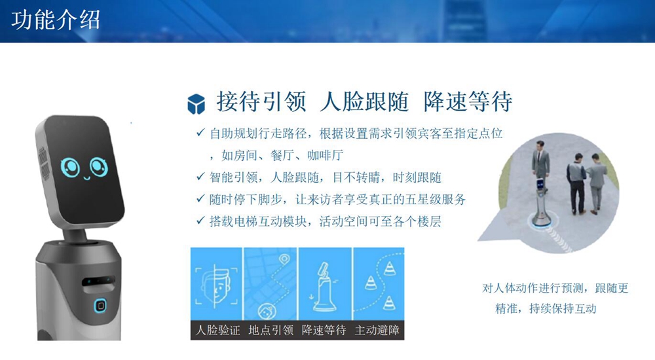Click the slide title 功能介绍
(x=56, y=20)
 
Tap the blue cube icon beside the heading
(x=196, y=104)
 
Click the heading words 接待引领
(x=261, y=101)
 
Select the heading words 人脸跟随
(x=364, y=101)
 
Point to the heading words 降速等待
(x=468, y=101)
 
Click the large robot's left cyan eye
(x=70, y=168)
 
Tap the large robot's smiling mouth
(x=87, y=177)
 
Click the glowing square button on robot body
(x=100, y=305)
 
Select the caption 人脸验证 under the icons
(x=217, y=331)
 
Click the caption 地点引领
(x=271, y=331)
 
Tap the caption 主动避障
(x=377, y=331)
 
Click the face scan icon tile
(x=216, y=284)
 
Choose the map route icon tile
(x=271, y=284)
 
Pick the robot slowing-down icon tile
(x=325, y=284)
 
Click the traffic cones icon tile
(x=379, y=284)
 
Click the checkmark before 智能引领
(x=200, y=177)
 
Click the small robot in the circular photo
(x=540, y=202)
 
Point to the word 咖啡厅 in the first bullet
(x=326, y=155)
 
